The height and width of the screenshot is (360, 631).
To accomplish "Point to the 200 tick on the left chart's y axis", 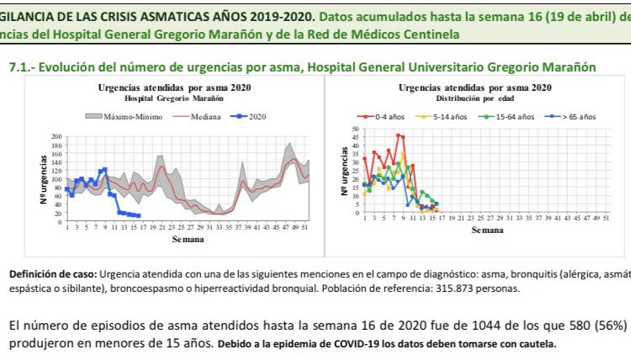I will click(57, 136).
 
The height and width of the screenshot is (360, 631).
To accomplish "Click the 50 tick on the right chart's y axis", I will click(354, 129).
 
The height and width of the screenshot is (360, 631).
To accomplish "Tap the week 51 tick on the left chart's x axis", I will click(303, 229).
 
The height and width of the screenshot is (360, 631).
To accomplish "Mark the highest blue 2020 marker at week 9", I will click(104, 169).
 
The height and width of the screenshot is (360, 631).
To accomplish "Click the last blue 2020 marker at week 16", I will click(139, 216).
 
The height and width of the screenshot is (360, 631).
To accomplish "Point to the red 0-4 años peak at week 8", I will click(398, 135).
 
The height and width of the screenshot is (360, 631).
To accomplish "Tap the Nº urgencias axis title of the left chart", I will click(43, 179).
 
